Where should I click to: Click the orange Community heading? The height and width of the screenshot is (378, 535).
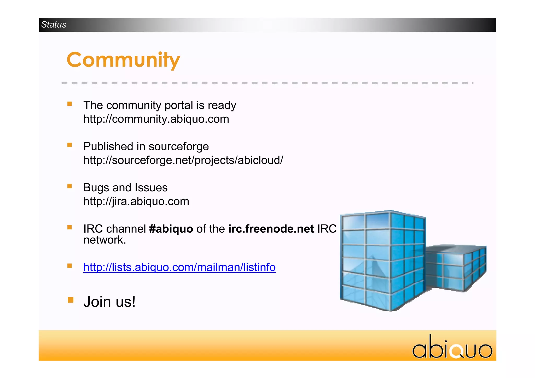(x=123, y=60)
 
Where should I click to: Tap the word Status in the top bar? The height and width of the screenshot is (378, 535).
(x=54, y=25)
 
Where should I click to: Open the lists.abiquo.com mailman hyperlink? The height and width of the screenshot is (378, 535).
(x=179, y=267)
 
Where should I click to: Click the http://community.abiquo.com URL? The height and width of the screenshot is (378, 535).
(x=156, y=119)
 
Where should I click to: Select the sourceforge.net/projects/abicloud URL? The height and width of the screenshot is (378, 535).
(x=183, y=160)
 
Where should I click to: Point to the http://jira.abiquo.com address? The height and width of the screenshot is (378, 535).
(x=136, y=201)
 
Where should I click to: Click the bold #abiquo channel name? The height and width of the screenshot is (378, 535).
(x=171, y=229)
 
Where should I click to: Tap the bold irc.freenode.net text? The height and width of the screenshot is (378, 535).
(x=271, y=229)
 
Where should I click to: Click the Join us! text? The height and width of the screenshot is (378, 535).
(x=109, y=302)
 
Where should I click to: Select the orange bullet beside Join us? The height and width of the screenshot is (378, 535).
(x=70, y=300)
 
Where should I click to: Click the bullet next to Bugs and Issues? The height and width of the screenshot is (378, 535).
(x=69, y=186)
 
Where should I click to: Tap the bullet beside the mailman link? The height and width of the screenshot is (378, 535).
(x=69, y=266)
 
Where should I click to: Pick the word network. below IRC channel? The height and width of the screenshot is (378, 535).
(x=104, y=240)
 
